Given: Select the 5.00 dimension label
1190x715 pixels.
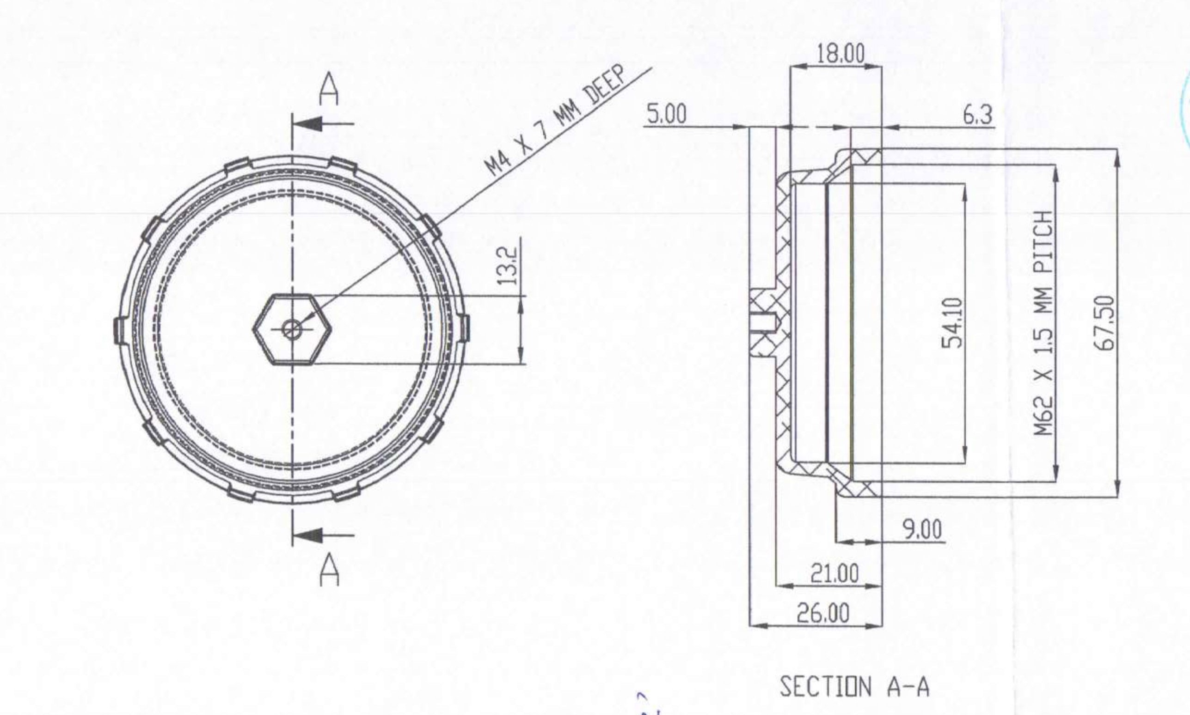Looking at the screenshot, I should point(667,115).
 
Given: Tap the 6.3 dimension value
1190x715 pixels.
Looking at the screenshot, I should point(978,116).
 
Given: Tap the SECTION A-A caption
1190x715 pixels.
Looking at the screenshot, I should point(854,687).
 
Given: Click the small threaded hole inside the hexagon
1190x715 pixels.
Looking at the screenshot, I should point(291,330).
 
